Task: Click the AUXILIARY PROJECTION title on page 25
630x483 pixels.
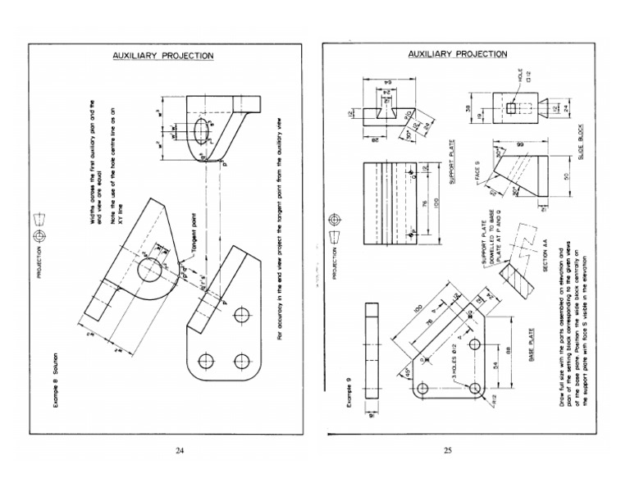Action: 458,54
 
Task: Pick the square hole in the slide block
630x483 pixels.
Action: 508,108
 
